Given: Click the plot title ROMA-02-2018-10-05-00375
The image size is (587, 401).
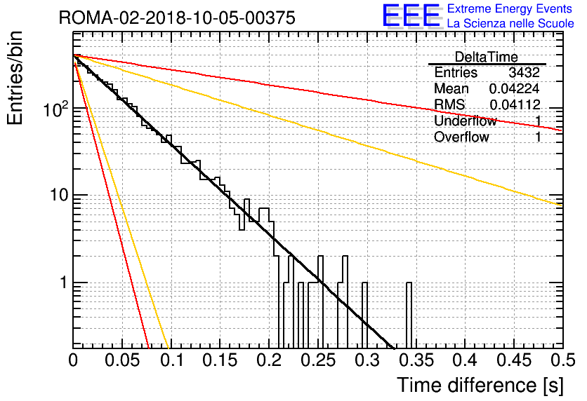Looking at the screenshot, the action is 177,18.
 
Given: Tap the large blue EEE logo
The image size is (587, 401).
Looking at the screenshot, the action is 411,15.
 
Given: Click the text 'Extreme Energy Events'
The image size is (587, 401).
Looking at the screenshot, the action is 510,8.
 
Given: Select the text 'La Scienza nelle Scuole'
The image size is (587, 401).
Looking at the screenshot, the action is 510,23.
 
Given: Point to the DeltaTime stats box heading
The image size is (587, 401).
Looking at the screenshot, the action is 487,57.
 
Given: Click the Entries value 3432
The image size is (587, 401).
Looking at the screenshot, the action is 524,72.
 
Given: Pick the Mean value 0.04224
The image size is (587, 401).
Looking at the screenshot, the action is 515,88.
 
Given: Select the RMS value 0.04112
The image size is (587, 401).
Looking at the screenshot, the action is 515,104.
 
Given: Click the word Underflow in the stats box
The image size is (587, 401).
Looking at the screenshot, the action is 466,121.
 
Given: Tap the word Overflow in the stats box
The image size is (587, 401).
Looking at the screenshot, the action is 461,137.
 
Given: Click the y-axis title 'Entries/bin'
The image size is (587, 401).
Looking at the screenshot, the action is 15,78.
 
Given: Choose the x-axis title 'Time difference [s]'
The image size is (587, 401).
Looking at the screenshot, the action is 480,385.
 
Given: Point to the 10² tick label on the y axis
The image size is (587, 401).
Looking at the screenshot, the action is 56,109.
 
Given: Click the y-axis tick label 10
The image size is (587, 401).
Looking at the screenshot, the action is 60,196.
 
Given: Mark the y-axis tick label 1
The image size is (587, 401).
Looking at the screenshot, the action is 64,283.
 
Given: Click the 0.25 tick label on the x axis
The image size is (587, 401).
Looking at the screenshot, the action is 318,360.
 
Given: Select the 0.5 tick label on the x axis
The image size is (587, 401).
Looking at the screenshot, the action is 562,360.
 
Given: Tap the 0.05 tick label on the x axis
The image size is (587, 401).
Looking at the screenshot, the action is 122,360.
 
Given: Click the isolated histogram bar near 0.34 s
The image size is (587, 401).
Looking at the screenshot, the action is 409,315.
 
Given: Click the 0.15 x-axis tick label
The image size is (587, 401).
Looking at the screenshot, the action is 220,360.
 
